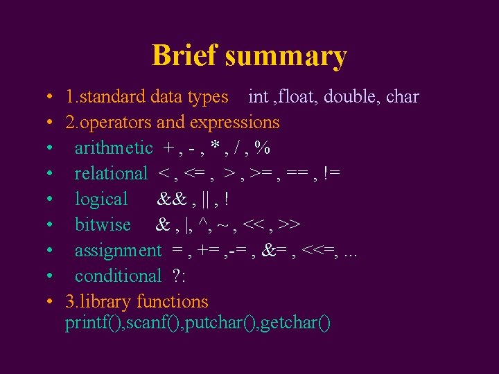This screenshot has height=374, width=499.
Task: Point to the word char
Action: [402, 96]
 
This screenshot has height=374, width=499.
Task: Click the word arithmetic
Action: [114, 148]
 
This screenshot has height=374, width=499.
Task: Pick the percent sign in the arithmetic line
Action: [262, 148]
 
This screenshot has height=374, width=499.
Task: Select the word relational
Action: [111, 173]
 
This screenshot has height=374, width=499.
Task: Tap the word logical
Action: [101, 199]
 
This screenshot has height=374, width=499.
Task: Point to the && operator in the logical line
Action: [170, 199]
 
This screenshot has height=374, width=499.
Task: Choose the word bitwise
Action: [103, 224]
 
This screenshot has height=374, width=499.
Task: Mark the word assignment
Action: [118, 251]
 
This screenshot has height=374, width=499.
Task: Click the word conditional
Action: [118, 276]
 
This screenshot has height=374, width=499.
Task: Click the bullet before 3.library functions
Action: [51, 302]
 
